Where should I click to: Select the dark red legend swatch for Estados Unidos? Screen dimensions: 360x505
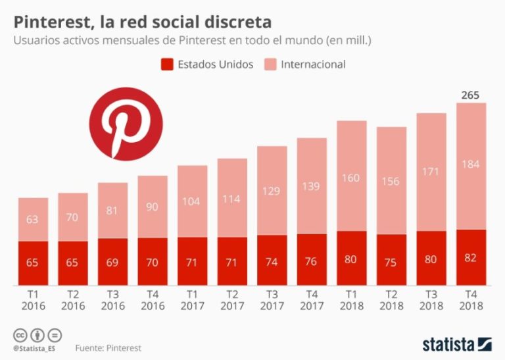(166, 64)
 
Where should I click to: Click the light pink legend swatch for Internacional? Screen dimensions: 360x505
(270, 64)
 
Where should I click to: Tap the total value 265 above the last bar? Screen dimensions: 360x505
(470, 95)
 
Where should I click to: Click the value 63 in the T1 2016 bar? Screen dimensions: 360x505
(33, 219)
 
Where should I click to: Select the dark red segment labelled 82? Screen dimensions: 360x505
(471, 257)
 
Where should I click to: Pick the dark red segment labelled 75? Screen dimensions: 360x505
(391, 260)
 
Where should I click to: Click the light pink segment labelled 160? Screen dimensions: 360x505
(352, 176)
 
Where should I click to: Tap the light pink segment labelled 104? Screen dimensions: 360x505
(193, 201)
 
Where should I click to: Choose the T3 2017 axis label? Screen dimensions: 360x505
(272, 300)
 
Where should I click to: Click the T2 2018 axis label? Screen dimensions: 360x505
(391, 300)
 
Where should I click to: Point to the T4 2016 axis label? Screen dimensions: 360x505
(152, 300)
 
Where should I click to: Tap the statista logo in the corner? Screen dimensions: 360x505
(457, 343)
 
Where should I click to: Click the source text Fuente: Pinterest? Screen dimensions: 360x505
(108, 347)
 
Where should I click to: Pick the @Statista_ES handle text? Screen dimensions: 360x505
(34, 347)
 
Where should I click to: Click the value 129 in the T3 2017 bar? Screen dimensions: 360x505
(272, 191)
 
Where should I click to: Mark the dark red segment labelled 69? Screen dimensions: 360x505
(112, 262)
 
